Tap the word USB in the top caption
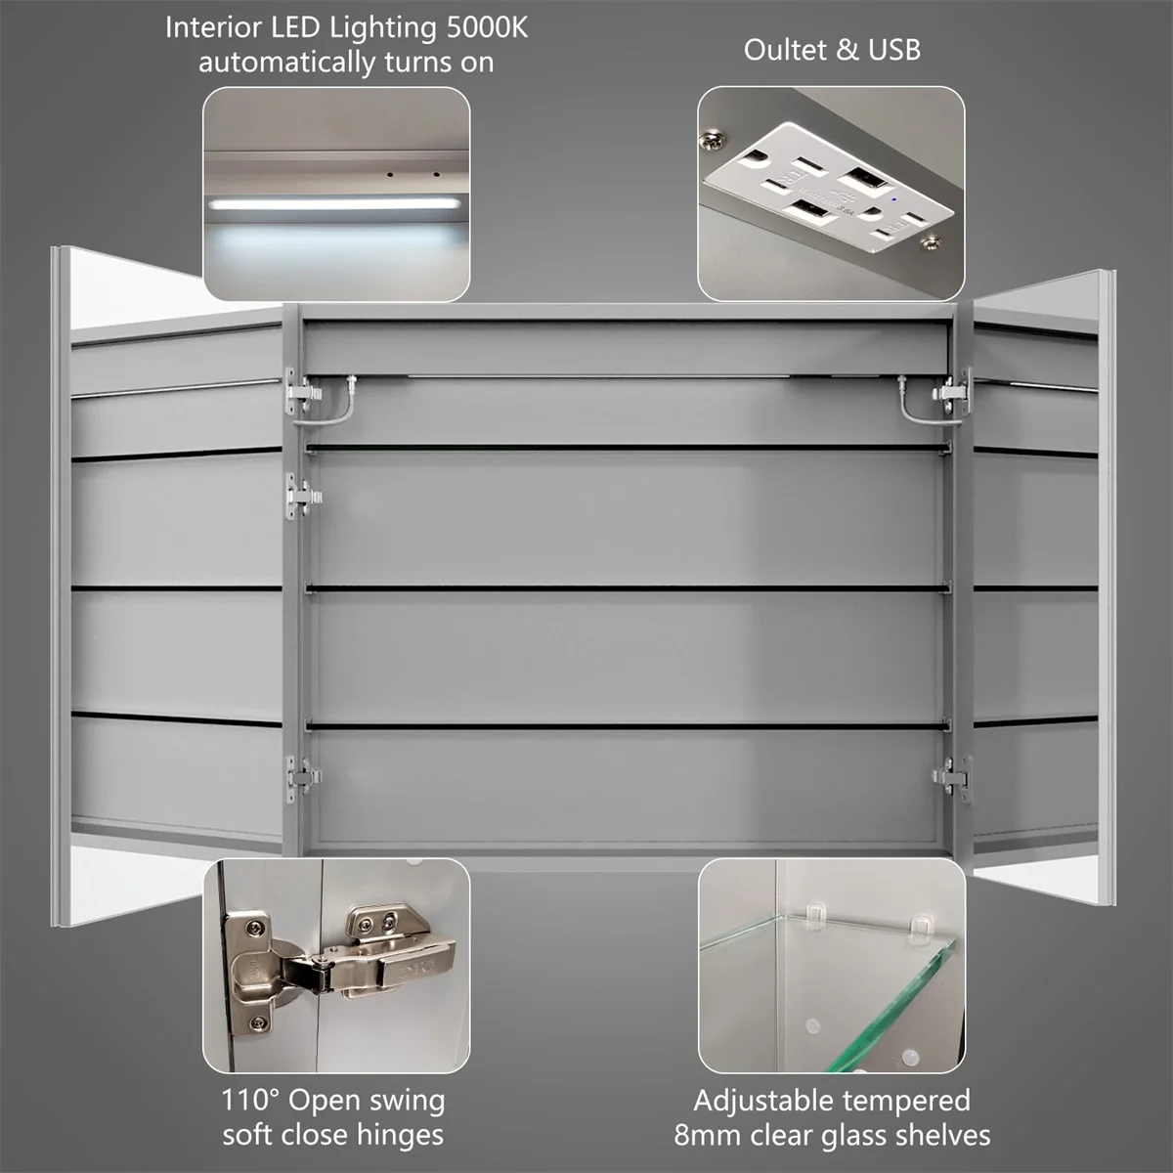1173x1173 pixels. pos(893,49)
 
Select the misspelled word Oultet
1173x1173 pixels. pos(786,49)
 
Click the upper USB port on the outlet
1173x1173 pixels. pos(859,179)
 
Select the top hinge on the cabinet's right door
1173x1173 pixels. pos(951,391)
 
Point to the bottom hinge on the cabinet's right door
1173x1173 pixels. pos(951,778)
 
